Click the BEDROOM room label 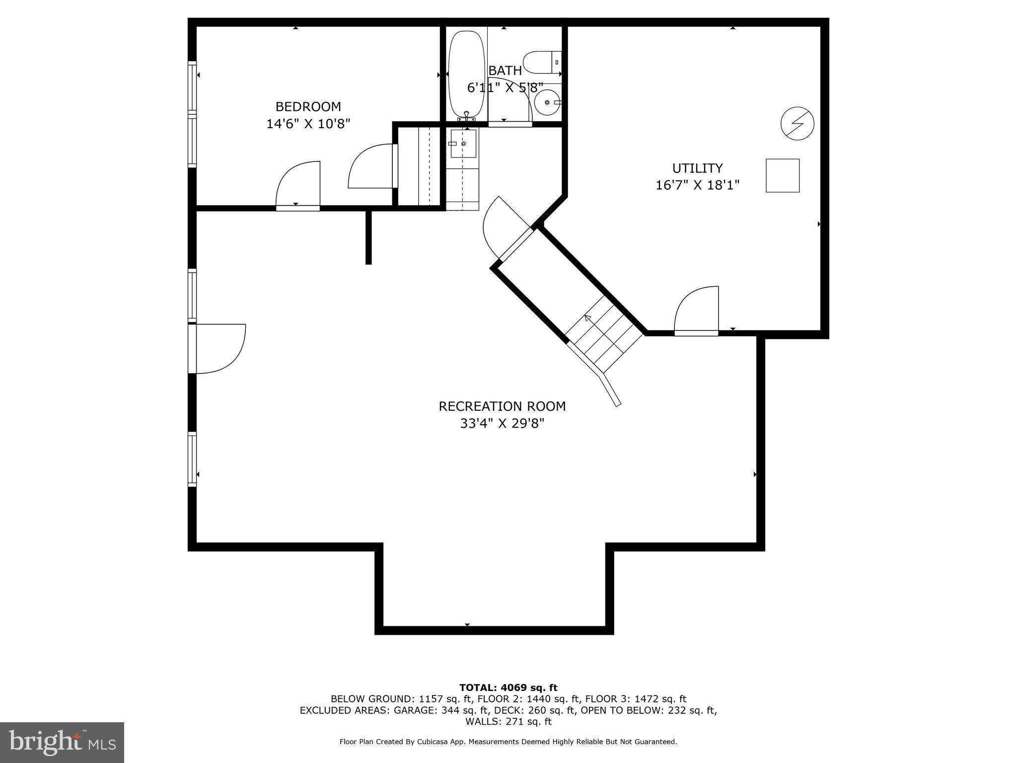tap(308, 107)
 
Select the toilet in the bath tap(541, 63)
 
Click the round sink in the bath tap(547, 102)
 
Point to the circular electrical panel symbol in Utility tap(797, 123)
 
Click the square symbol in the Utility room tap(782, 175)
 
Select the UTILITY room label tap(697, 168)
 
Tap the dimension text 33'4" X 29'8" tap(502, 424)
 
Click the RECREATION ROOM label tap(502, 406)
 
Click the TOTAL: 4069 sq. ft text tap(508, 688)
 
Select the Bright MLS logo tap(62, 742)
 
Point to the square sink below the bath tap(463, 144)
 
